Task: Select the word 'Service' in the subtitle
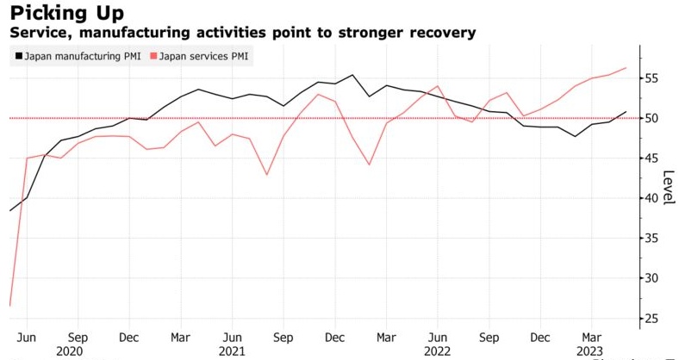(35, 34)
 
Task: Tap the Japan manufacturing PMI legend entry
(77, 57)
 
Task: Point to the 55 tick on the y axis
(652, 78)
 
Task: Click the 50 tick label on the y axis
(652, 118)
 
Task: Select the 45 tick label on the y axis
(652, 158)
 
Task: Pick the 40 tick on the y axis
(652, 198)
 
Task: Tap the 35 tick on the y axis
(652, 239)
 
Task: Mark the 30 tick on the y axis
(652, 278)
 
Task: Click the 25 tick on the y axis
(652, 319)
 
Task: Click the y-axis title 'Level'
(669, 183)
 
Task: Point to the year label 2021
(232, 351)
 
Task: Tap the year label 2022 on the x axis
(438, 351)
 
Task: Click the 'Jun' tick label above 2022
(438, 337)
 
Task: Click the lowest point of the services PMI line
(9, 306)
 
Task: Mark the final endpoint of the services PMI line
(626, 67)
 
